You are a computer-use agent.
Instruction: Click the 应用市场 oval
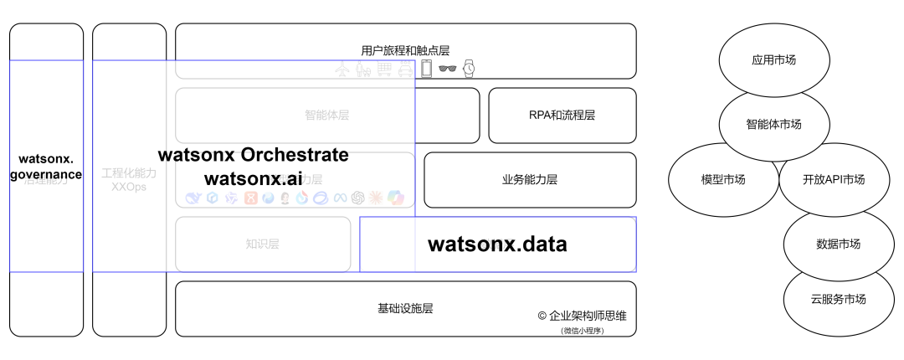click(773, 60)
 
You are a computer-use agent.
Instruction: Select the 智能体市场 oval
click(773, 124)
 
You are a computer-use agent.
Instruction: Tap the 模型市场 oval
click(722, 180)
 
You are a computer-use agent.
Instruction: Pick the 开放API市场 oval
click(833, 180)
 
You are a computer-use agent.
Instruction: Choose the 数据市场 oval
click(837, 244)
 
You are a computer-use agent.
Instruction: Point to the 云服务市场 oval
click(837, 299)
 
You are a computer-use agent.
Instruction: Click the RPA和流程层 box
click(561, 116)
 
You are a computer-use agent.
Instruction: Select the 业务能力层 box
click(529, 179)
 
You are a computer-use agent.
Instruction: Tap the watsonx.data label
click(497, 244)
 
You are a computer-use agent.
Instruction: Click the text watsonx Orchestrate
click(253, 155)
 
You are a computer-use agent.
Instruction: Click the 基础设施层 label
click(405, 308)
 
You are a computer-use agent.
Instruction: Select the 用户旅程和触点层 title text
click(405, 50)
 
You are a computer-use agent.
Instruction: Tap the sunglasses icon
click(449, 69)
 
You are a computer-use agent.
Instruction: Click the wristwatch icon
click(470, 69)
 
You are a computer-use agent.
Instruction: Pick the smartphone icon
click(426, 69)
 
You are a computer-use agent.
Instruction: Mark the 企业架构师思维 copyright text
click(582, 316)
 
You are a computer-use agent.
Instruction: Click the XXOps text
click(128, 187)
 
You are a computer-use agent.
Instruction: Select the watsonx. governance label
click(46, 166)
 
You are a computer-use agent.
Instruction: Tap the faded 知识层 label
click(262, 244)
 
